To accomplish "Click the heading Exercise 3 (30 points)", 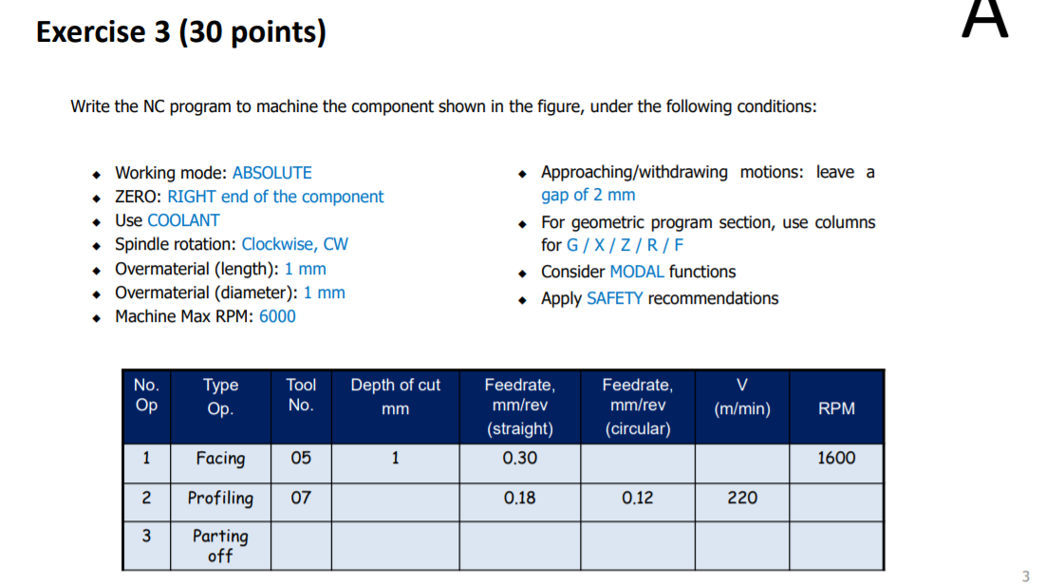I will click(x=180, y=33).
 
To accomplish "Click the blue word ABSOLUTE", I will click(x=271, y=173).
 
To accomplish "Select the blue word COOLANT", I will click(x=183, y=220).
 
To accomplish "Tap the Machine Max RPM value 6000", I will click(x=277, y=316).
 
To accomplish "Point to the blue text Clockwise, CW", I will click(x=294, y=244).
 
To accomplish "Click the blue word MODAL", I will click(x=637, y=272).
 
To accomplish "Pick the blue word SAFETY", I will click(x=614, y=298).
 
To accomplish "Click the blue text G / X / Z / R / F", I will click(x=625, y=245).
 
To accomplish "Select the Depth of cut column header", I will click(x=395, y=396).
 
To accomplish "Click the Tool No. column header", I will click(x=301, y=395).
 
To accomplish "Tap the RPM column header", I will click(x=836, y=408).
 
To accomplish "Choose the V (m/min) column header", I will click(x=741, y=397).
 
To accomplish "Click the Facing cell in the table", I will click(x=220, y=459).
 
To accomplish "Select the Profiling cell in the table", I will click(x=220, y=498).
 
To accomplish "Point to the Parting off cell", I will click(x=220, y=545).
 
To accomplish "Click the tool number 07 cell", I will click(x=301, y=498).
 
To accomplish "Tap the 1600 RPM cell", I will click(x=836, y=458).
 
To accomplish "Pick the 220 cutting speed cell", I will click(x=741, y=498).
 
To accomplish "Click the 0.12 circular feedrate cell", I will click(x=637, y=498).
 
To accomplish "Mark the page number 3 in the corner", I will click(x=1025, y=576).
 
